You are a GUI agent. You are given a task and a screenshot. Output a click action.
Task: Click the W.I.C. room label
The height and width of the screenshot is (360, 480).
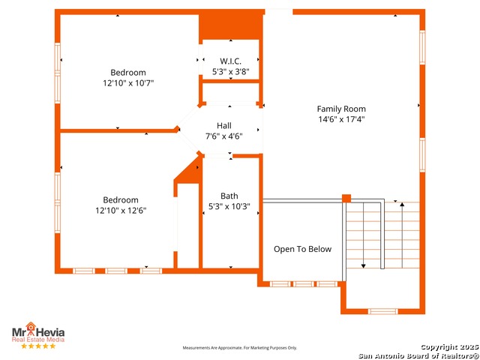(x=230, y=61)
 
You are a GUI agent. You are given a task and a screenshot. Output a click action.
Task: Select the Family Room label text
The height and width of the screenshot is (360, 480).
(x=341, y=109)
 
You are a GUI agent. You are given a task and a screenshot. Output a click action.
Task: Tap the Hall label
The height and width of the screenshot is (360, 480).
(x=223, y=125)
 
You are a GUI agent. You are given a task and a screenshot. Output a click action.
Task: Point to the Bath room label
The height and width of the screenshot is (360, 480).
(x=229, y=196)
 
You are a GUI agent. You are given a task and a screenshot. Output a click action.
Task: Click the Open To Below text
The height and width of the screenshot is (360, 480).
(x=302, y=249)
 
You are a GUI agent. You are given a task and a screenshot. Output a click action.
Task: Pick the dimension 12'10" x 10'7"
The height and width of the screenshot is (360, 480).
(x=128, y=83)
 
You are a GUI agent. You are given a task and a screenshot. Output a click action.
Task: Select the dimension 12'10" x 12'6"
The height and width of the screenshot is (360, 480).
(x=121, y=211)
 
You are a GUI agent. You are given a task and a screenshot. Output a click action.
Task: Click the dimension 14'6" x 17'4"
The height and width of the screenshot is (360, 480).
(x=341, y=119)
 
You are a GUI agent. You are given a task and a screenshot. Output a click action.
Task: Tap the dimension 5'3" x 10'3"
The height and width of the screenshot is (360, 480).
(x=229, y=207)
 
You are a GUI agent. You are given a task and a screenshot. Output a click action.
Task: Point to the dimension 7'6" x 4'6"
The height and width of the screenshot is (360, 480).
(x=224, y=136)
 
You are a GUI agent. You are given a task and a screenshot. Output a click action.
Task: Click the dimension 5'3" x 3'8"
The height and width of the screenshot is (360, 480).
(x=231, y=72)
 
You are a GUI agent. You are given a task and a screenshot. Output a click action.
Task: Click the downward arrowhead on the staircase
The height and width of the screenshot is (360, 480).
(x=363, y=266)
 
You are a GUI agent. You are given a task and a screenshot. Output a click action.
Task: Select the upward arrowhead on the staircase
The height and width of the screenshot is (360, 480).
(x=402, y=204)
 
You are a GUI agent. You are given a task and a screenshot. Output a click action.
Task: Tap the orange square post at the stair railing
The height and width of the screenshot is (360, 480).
(x=346, y=198)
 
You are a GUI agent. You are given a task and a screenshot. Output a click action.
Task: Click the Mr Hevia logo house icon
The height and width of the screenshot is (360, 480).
(x=31, y=326)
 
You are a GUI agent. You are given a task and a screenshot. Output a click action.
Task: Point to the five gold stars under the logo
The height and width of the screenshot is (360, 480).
(x=38, y=346)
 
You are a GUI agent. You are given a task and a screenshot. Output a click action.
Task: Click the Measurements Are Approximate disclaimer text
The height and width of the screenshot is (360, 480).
(x=240, y=348)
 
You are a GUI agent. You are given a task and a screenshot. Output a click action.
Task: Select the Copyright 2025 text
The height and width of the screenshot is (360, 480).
(x=449, y=346)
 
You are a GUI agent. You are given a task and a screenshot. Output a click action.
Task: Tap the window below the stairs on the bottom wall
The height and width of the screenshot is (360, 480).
(x=383, y=311)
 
